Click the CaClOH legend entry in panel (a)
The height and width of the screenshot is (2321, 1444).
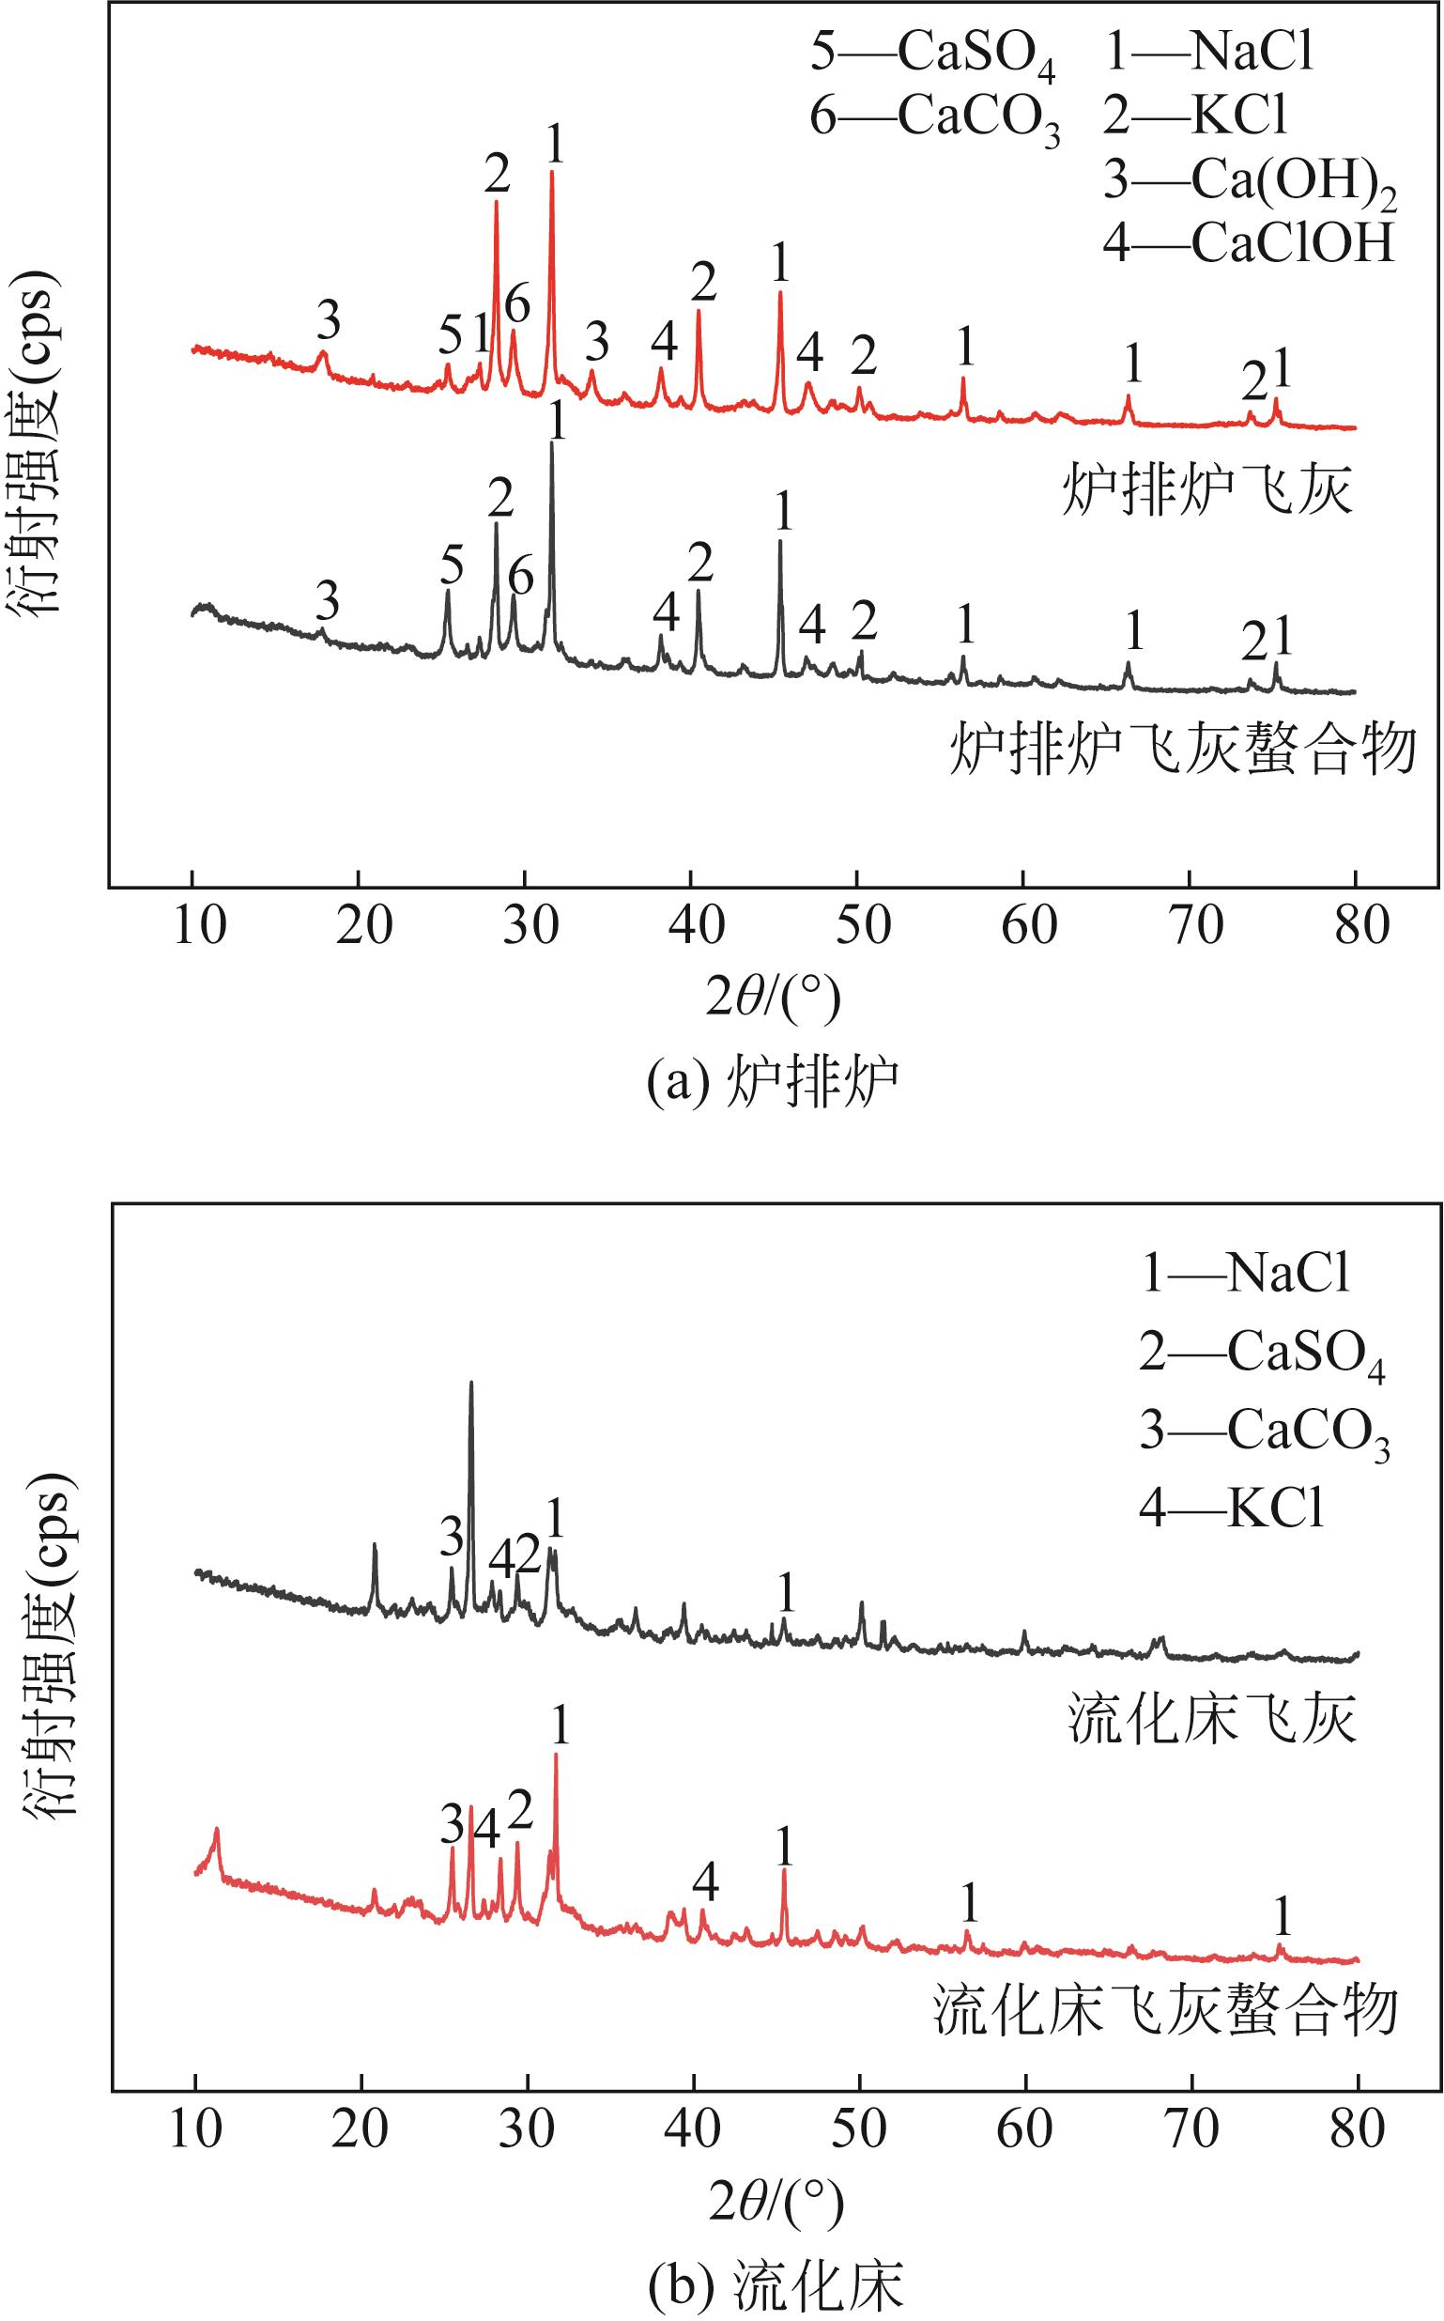(x=1249, y=243)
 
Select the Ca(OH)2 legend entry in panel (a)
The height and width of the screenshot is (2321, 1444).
(x=1249, y=181)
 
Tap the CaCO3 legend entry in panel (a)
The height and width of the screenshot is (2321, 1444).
(x=935, y=118)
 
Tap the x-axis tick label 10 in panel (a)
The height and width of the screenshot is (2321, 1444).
(x=200, y=926)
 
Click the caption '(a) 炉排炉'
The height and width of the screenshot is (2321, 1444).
(x=774, y=1083)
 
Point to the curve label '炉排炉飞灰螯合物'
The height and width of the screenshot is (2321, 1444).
(x=1182, y=750)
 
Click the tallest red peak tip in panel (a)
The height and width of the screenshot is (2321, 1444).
(x=552, y=173)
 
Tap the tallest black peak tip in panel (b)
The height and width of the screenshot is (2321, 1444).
(x=470, y=1383)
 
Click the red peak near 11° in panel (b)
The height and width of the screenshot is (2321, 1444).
(x=217, y=1830)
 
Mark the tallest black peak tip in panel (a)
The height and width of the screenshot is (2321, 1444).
(x=552, y=443)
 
